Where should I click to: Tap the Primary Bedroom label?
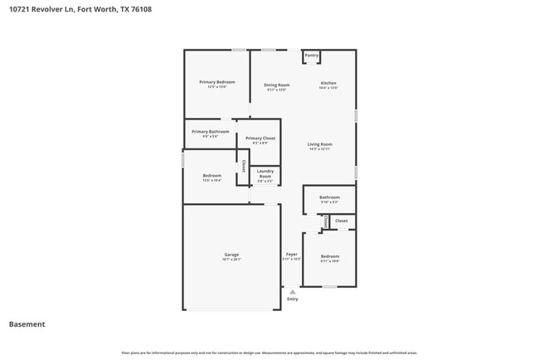(217, 82)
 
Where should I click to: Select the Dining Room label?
(277, 85)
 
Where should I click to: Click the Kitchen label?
(329, 85)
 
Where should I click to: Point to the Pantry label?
(312, 56)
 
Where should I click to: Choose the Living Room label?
(320, 144)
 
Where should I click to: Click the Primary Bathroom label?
(211, 131)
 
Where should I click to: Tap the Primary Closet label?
(260, 138)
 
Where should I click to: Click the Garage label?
(231, 254)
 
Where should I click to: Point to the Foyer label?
(292, 254)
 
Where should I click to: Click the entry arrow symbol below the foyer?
(292, 291)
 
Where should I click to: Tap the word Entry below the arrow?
(292, 299)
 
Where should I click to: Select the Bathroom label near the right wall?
(329, 197)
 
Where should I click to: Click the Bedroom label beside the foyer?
(330, 256)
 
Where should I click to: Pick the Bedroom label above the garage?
(212, 175)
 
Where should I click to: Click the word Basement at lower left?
(27, 324)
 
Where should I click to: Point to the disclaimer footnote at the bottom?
(269, 353)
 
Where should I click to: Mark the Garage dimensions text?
(231, 260)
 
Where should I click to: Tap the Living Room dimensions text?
(320, 149)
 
